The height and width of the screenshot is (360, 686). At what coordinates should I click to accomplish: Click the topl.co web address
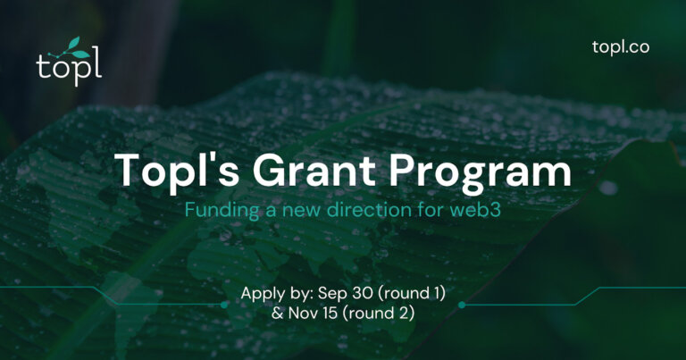pos(620,46)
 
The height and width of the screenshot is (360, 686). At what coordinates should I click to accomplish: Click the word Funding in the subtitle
pos(214,212)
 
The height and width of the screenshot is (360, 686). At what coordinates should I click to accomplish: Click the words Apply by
pos(272,293)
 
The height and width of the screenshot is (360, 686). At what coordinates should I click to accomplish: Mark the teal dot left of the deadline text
pos(224,305)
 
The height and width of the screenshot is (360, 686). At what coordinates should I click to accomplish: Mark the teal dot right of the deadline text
pos(462,305)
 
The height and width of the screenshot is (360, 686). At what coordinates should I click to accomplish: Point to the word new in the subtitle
pos(297,212)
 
